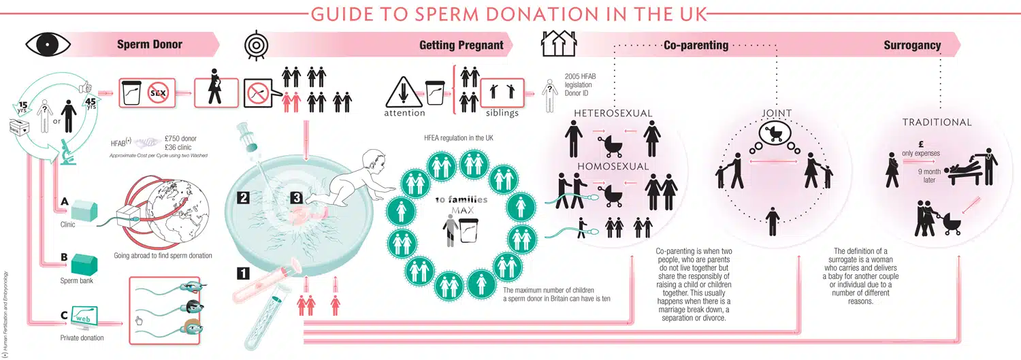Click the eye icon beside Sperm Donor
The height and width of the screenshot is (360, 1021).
48,45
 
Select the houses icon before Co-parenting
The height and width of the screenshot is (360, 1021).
558,44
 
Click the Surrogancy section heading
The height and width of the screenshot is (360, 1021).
912,46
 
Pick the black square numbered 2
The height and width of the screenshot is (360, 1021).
244,198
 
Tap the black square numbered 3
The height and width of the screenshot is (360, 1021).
296,198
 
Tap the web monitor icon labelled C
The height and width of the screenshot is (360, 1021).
85,317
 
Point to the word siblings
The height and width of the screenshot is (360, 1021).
502,113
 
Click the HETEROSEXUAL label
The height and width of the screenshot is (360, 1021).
613,112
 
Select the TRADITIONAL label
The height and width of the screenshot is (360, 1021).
937,122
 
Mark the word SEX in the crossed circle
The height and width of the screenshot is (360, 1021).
157,92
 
